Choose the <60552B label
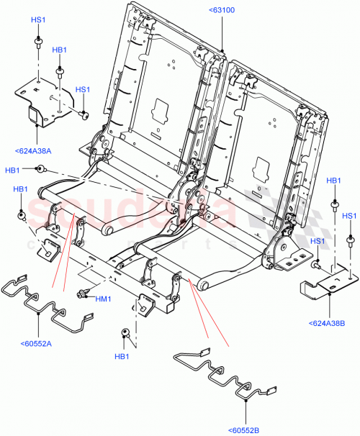(x=246, y=430)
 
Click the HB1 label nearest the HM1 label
(x=122, y=357)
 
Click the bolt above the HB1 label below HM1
(x=124, y=332)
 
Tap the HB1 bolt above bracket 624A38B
(x=335, y=205)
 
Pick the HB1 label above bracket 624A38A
(x=60, y=50)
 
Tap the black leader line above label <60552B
(x=246, y=410)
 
